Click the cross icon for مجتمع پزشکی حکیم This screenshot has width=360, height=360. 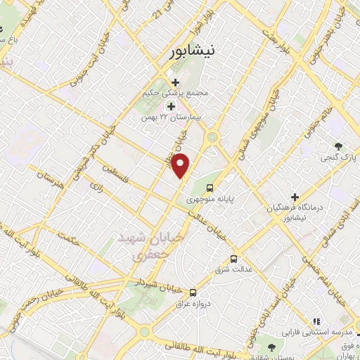174,82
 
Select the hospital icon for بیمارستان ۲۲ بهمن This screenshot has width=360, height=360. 170,105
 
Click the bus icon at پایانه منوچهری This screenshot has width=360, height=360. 210,187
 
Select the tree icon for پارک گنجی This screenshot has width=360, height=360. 339,146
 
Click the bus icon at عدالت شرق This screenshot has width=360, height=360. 233,258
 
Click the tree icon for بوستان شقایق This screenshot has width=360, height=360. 270,346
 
